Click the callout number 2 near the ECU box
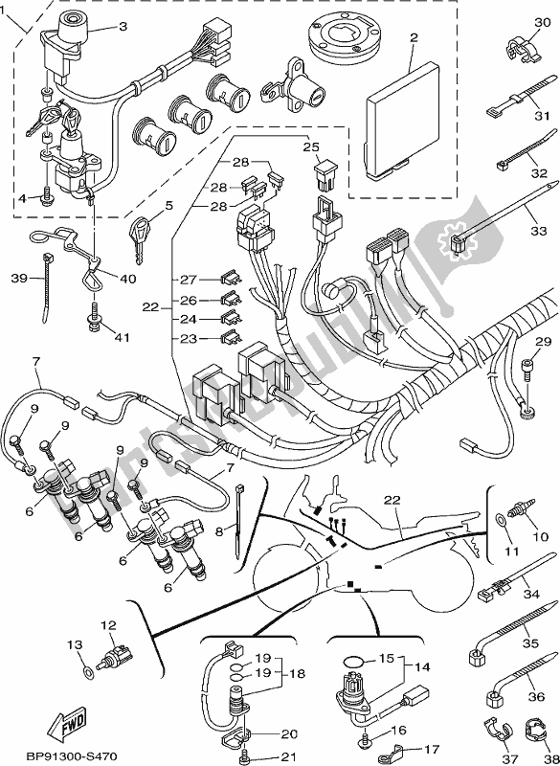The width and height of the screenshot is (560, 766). click(414, 38)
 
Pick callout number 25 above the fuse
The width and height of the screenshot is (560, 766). click(311, 146)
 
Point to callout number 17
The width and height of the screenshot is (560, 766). click(432, 749)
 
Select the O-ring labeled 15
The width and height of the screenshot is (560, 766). click(353, 661)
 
